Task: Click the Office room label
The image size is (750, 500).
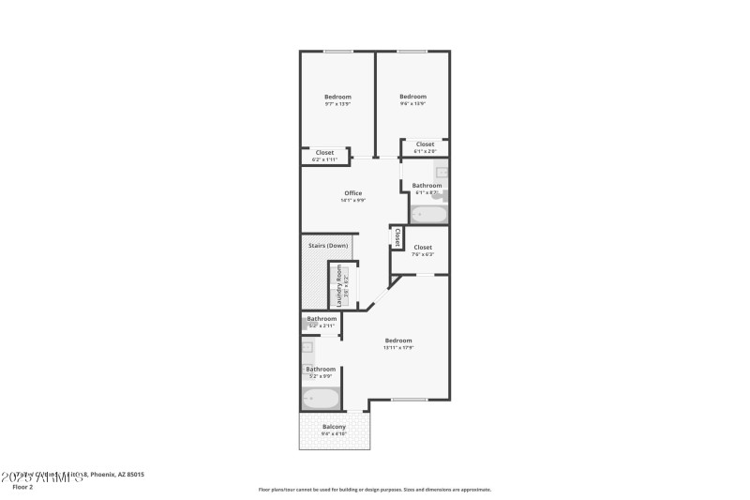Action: [x=352, y=193]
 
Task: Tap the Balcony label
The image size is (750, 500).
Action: [x=335, y=427]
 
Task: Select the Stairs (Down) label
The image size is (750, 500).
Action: [x=328, y=246]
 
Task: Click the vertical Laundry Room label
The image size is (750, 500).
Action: [x=339, y=286]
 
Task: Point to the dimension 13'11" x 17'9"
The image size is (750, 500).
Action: [x=397, y=348]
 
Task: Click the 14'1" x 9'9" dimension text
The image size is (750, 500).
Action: [x=352, y=201]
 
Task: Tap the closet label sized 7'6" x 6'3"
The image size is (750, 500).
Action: [x=423, y=248]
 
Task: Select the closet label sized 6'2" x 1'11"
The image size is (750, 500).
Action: [x=324, y=153]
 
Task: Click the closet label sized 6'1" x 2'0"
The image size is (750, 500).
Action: [x=425, y=144]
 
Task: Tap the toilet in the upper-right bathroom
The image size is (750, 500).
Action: [x=442, y=196]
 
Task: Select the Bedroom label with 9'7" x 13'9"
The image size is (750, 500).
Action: [x=337, y=98]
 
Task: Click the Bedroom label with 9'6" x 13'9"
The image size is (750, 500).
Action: [x=412, y=97]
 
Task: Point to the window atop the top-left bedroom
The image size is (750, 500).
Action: [x=337, y=51]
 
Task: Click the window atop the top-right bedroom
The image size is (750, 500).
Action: [x=412, y=51]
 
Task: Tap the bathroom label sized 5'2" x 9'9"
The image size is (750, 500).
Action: [x=321, y=370]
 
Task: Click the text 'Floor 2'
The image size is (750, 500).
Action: [x=22, y=487]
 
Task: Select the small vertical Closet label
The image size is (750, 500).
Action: [x=397, y=237]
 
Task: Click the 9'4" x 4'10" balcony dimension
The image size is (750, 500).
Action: [x=335, y=434]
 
